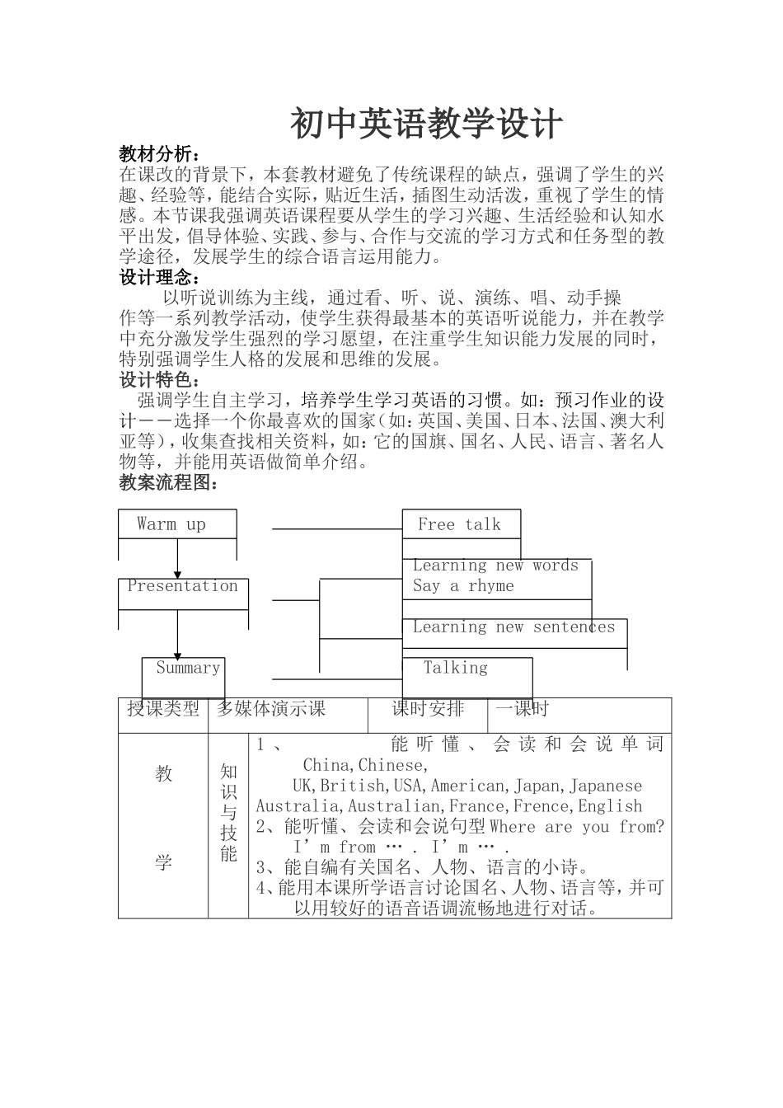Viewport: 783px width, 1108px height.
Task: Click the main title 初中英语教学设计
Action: pos(425,124)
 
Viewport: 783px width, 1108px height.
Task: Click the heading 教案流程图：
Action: pos(169,482)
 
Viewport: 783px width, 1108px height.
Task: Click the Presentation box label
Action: pos(182,586)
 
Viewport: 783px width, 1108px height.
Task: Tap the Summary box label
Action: pos(188,668)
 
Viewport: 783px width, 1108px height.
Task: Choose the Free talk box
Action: pos(459,524)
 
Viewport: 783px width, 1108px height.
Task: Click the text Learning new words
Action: pos(495,566)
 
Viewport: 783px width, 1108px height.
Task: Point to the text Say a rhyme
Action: pos(463,586)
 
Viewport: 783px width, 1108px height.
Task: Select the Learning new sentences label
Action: pos(513,627)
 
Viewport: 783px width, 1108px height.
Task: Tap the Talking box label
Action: pos(456,668)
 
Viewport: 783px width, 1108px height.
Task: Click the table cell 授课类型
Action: pos(163,709)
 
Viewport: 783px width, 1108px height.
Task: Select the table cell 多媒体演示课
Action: pos(271,709)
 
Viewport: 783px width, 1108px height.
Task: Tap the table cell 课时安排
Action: pos(428,709)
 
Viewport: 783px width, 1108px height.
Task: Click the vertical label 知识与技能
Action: pos(228,812)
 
